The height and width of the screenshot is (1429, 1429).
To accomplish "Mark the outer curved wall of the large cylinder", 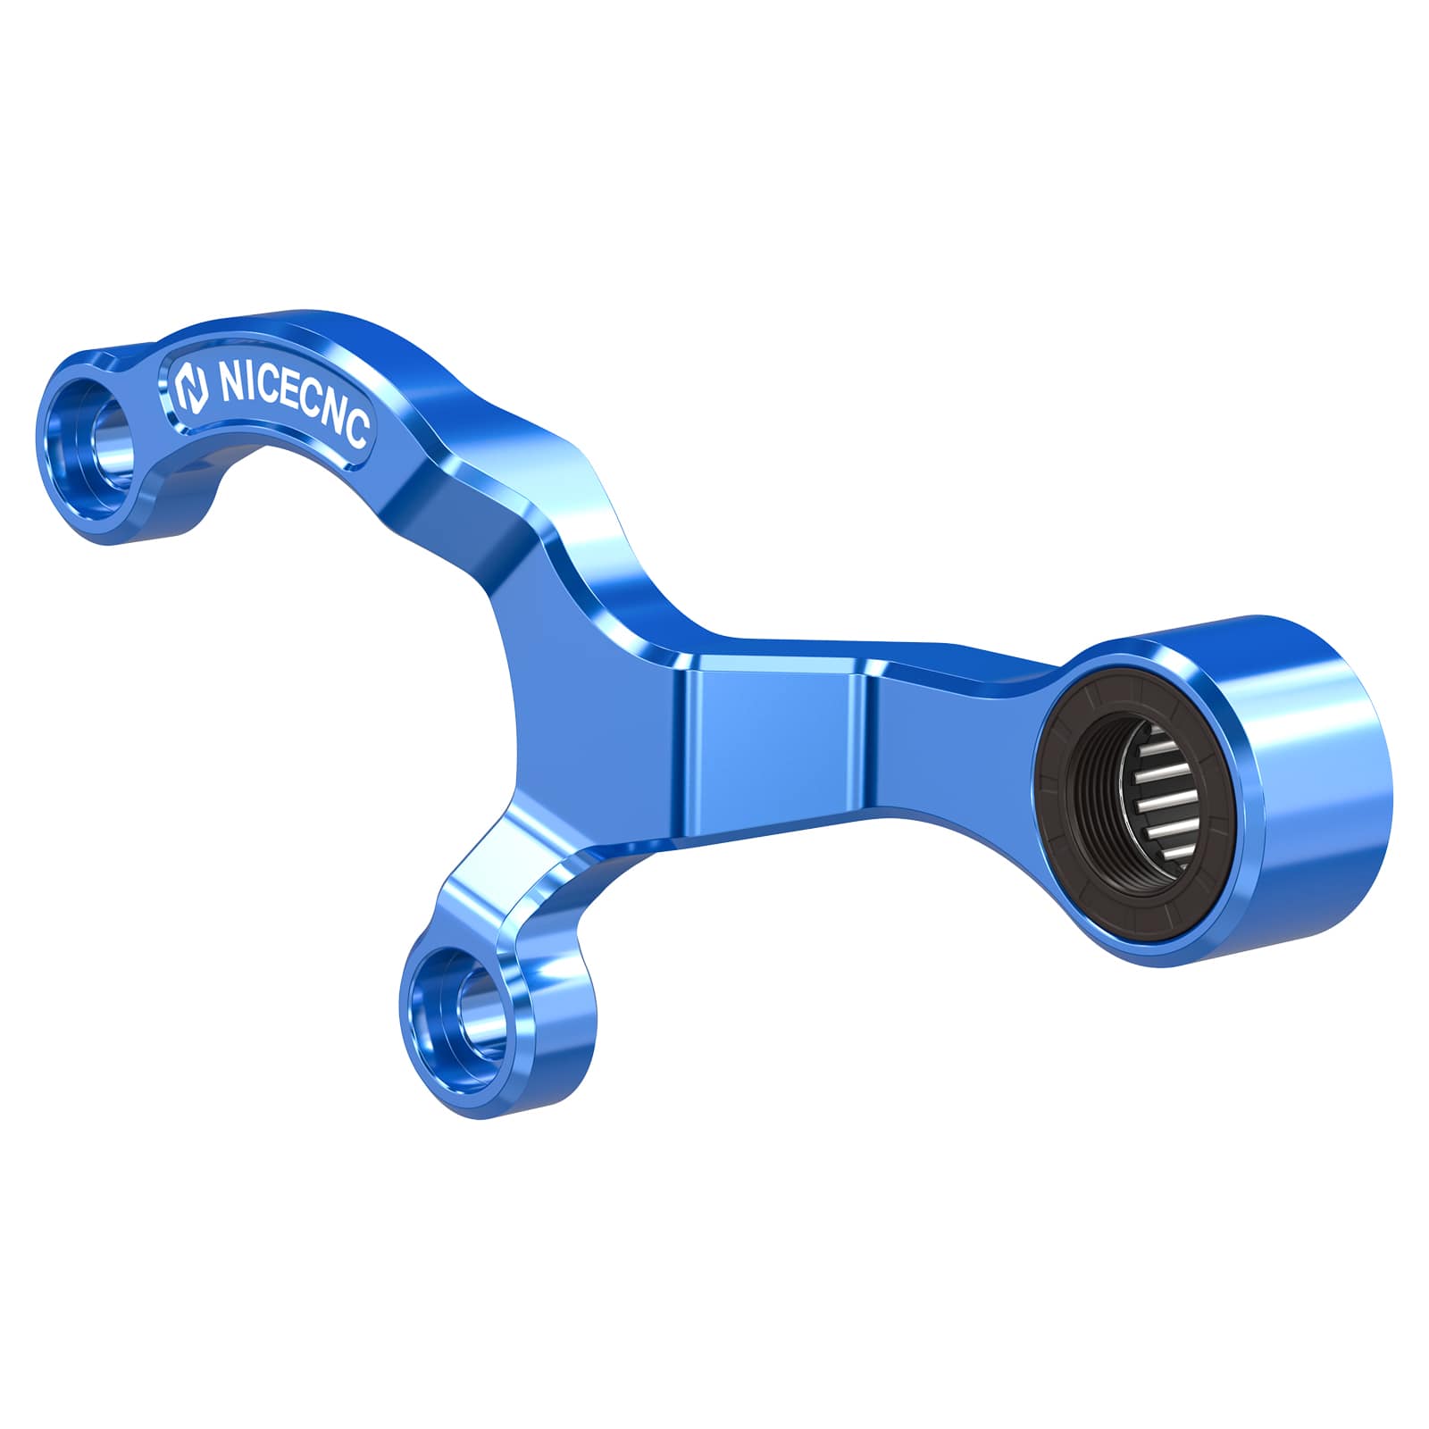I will (x=1313, y=786).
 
